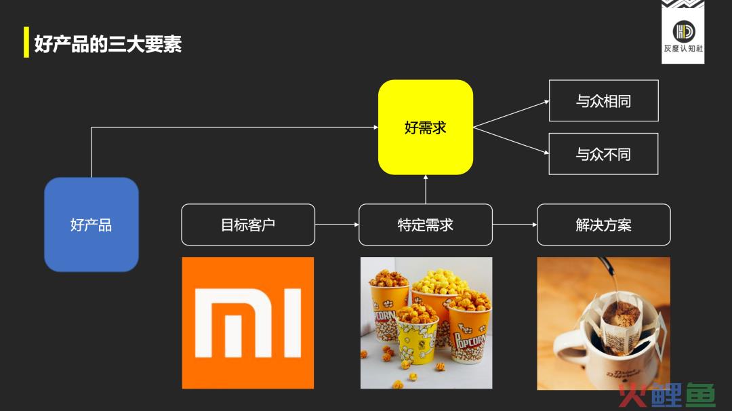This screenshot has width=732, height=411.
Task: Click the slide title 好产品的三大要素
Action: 108,44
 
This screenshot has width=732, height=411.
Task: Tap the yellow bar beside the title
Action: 26,42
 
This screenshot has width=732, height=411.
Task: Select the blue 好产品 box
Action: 91,224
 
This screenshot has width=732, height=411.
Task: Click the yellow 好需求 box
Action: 425,127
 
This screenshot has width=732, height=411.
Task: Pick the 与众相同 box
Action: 604,100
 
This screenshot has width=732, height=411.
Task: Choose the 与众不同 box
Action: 604,154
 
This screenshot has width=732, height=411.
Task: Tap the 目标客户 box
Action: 248,224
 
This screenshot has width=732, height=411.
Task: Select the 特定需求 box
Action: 425,224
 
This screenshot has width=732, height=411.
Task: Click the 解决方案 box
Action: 604,224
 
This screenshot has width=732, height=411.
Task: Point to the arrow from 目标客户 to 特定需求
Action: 337,224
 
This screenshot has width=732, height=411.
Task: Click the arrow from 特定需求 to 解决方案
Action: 514,224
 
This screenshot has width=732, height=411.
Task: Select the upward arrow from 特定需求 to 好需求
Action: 425,189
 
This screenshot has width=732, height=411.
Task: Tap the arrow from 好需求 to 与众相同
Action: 511,114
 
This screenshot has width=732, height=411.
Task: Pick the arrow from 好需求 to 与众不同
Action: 511,140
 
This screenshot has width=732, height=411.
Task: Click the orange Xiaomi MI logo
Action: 248,323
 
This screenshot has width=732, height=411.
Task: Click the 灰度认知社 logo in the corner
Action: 683,32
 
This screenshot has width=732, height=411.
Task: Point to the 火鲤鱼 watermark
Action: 667,395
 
